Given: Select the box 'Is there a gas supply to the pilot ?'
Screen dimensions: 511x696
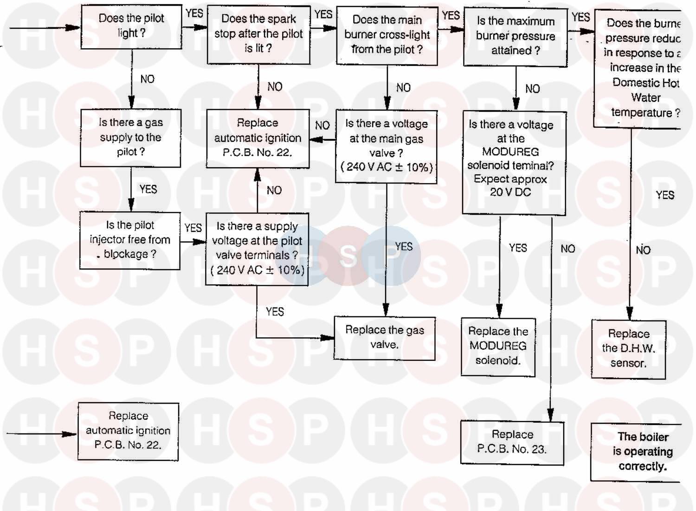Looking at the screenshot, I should [130, 138].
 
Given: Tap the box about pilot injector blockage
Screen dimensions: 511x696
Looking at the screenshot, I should [129, 240].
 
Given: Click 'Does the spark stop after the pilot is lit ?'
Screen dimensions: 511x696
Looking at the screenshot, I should [258, 34].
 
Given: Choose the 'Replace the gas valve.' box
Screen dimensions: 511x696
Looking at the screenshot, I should [384, 338].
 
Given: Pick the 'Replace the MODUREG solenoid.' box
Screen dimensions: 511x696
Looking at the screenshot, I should [498, 346].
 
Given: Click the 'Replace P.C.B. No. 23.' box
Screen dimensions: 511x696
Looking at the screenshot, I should [512, 442].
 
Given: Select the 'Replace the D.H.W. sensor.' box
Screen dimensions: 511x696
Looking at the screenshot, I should [628, 348].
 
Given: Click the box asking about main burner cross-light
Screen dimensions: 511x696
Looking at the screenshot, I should [387, 35].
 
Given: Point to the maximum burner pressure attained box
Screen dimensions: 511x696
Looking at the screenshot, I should [516, 37].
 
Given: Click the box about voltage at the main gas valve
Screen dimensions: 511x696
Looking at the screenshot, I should [386, 146].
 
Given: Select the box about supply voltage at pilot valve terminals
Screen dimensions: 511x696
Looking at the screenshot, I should [257, 249].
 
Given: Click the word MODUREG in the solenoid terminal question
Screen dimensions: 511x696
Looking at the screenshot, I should [510, 152].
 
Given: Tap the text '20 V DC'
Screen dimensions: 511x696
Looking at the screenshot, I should [510, 192].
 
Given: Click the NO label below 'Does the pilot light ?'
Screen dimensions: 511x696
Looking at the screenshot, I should [147, 79].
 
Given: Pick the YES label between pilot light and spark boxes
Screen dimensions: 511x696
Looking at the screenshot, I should [194, 13].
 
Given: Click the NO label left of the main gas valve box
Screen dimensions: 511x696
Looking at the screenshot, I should [322, 125].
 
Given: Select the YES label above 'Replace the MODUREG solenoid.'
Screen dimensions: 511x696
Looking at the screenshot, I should [518, 248].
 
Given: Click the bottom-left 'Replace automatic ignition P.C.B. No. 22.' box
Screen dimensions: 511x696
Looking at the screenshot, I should [128, 431].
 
